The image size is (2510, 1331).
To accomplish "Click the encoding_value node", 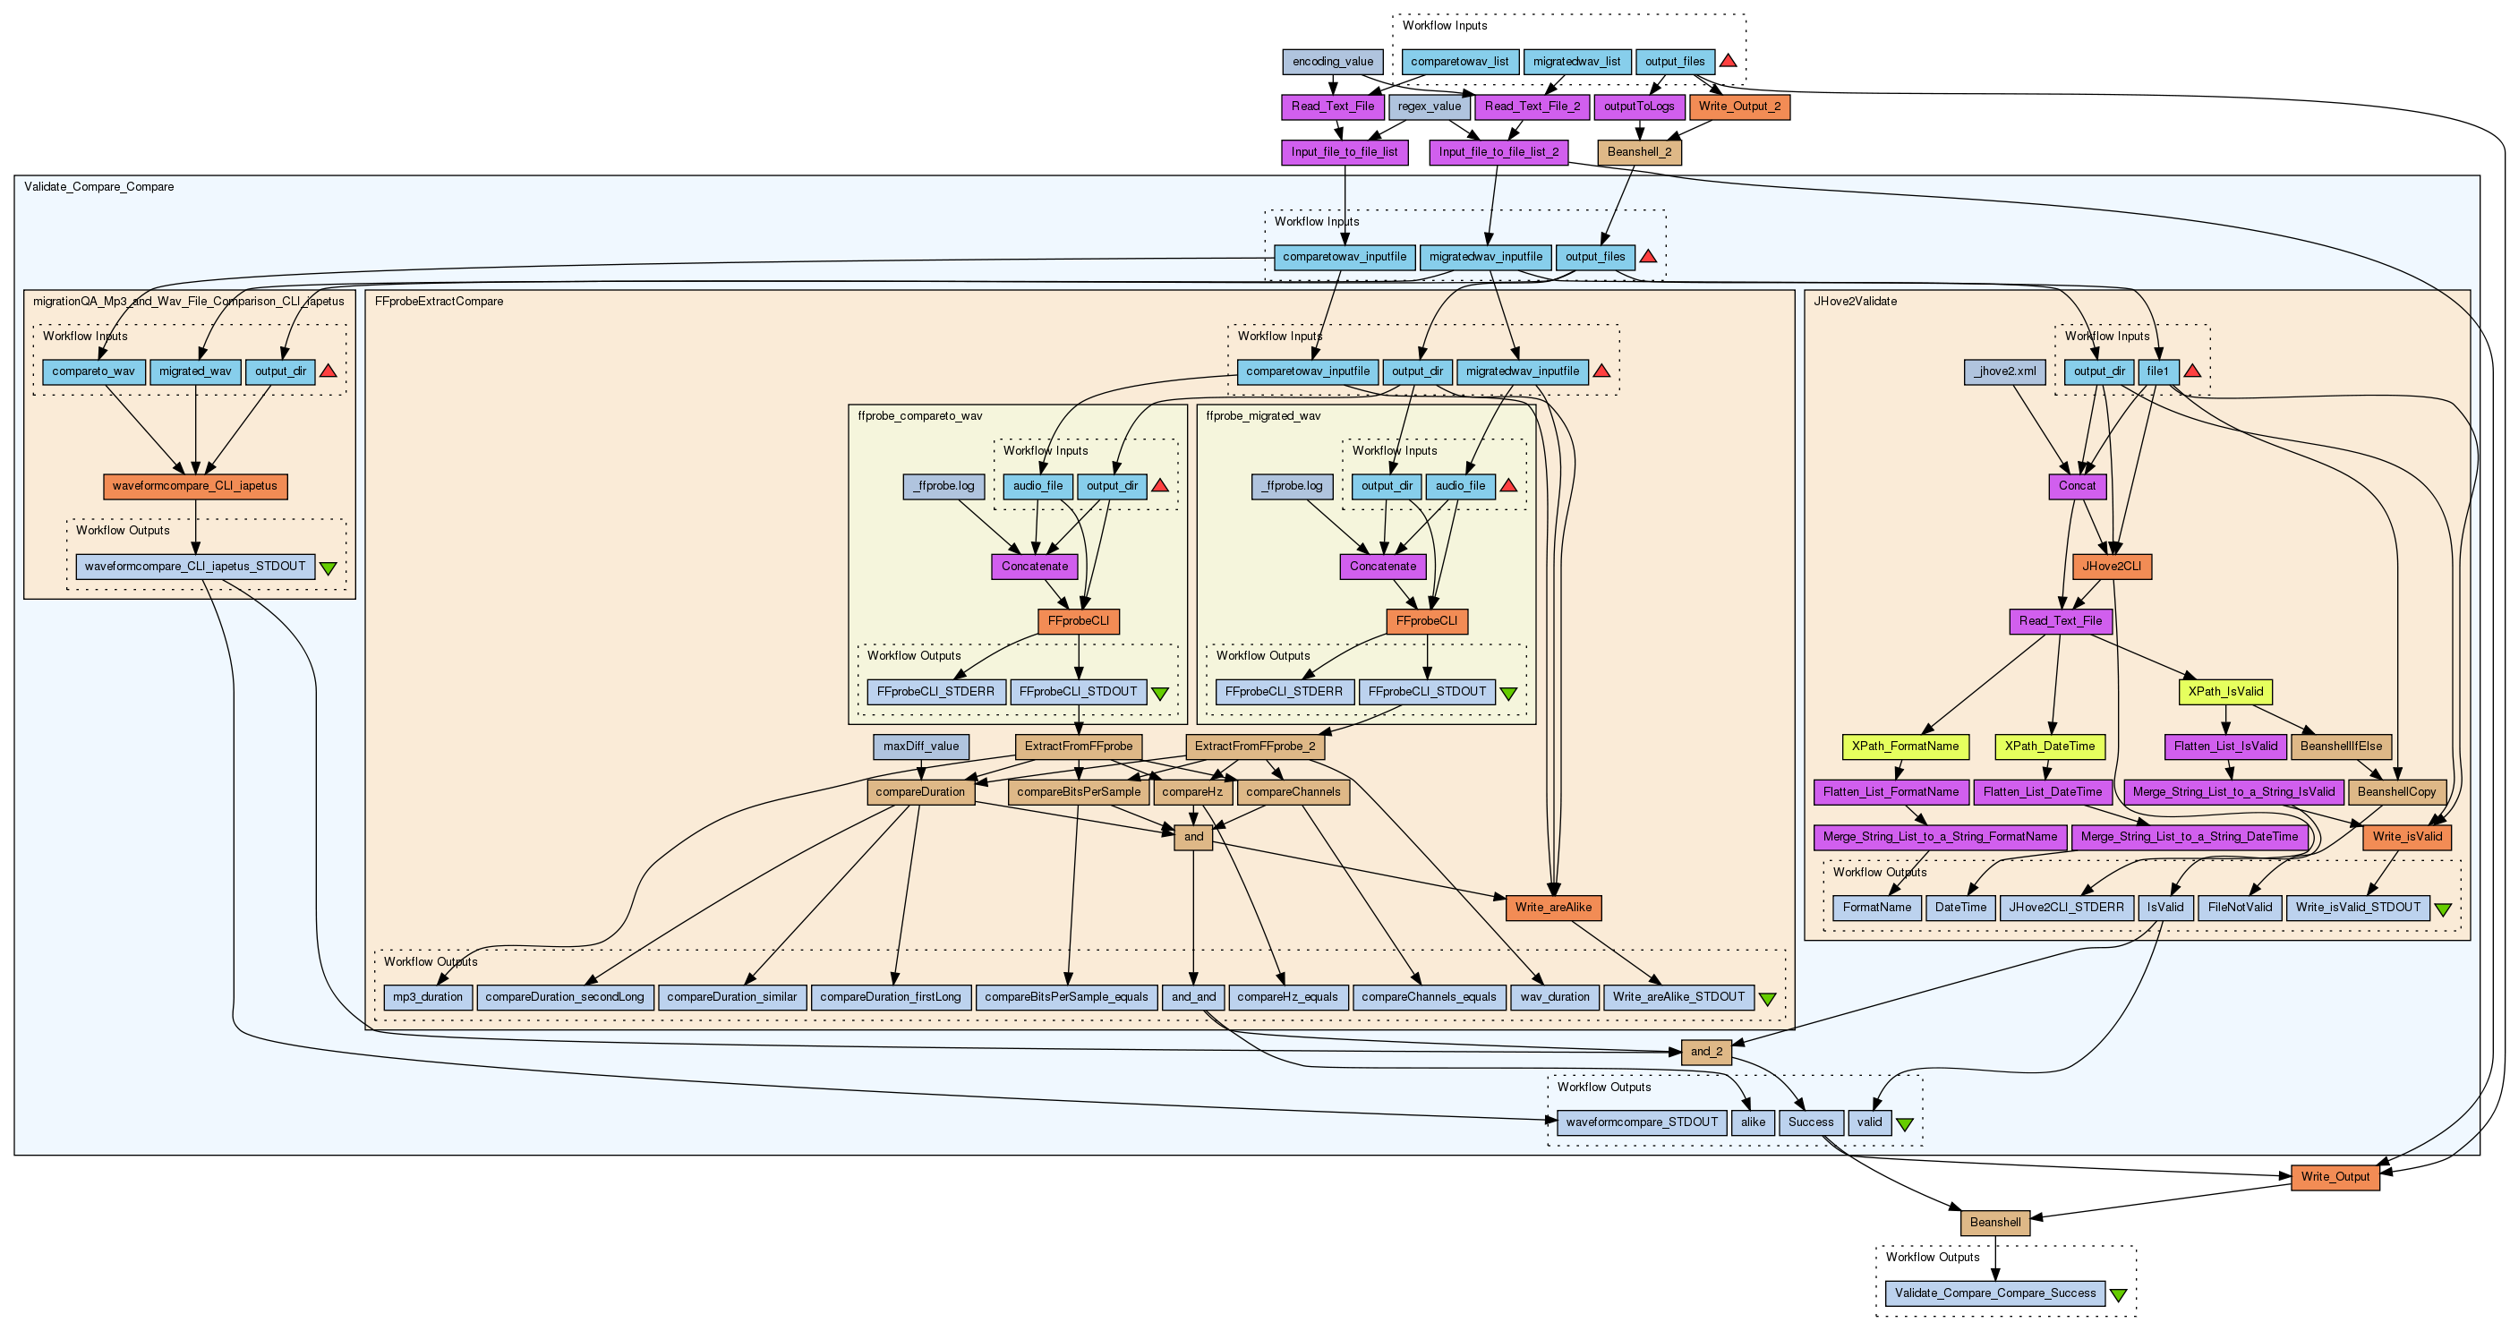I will pos(1332,62).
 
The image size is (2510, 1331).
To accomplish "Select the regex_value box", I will pos(1429,107).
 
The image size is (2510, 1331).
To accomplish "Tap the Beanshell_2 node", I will pos(1639,152).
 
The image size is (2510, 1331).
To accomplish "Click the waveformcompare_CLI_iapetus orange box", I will pos(195,485).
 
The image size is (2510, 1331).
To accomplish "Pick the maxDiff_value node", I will pos(921,747).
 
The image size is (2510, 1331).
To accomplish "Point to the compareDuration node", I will pos(920,791).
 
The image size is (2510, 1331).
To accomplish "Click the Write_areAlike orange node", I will pos(1552,907).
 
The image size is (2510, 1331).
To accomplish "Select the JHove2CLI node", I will pos(2112,566).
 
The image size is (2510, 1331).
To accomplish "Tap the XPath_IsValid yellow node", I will pos(2225,692).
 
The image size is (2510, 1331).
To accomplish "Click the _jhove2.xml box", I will pos(2004,371).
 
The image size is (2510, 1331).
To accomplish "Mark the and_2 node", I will pos(1706,1052).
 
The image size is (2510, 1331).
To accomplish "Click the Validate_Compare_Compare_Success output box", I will pos(1994,1293).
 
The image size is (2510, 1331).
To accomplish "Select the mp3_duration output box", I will pos(428,997).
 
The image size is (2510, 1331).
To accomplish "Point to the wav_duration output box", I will pos(1554,997).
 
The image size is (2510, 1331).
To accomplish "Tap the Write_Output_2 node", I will pos(1739,107).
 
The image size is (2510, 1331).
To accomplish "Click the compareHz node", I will pos(1191,791).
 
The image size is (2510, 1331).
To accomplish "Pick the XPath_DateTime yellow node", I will pos(2049,747).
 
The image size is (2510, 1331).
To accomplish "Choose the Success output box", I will pos(1810,1122).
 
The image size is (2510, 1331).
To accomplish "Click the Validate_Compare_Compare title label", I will pos(99,187).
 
